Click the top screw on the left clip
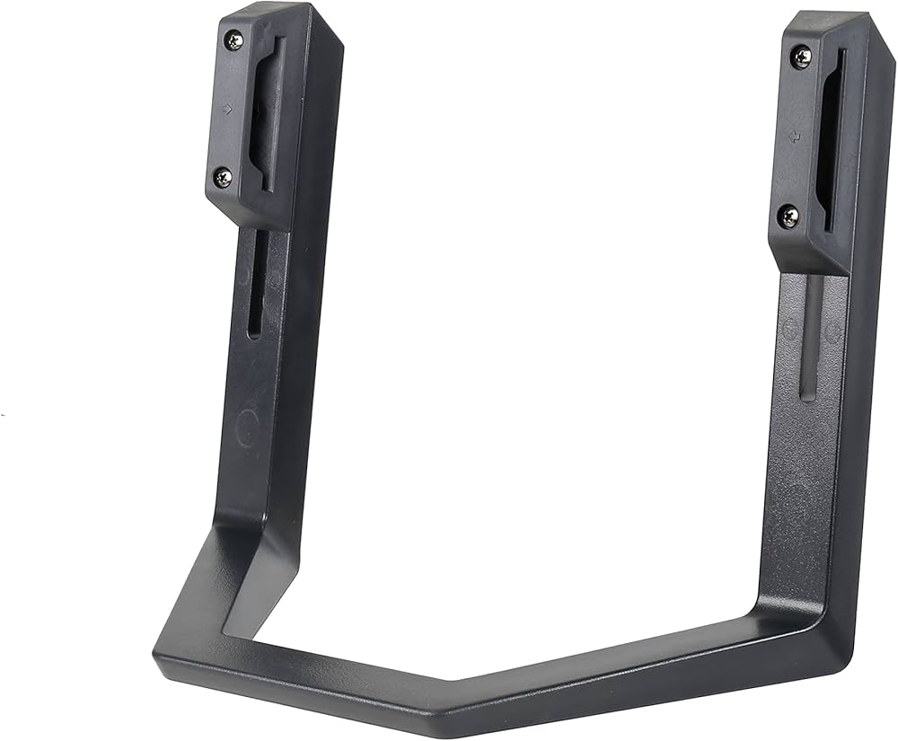pyautogui.click(x=234, y=40)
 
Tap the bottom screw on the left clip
pyautogui.click(x=222, y=177)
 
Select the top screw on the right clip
pyautogui.click(x=800, y=57)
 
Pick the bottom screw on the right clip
pyautogui.click(x=788, y=216)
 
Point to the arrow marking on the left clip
pyautogui.click(x=227, y=109)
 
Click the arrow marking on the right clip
pyautogui.click(x=794, y=137)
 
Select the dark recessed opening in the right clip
pyautogui.click(x=832, y=139)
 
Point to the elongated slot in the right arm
pyautogui.click(x=811, y=337)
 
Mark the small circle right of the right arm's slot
pyautogui.click(x=832, y=333)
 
